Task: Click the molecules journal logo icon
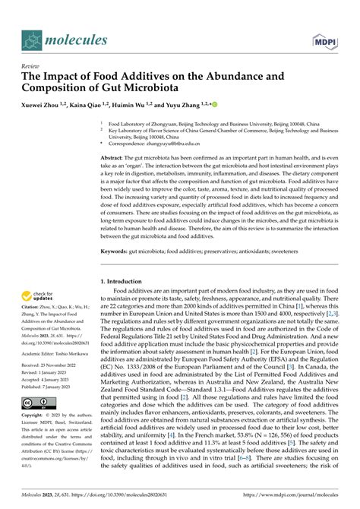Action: click(x=33, y=40)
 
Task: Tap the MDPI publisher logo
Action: click(x=323, y=40)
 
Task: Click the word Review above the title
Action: click(x=31, y=66)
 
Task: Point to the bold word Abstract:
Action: click(x=116, y=156)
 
